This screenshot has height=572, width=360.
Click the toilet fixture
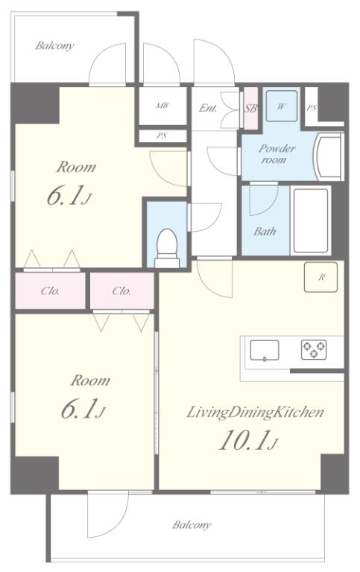point(167,248)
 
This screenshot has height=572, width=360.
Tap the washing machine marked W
point(281,106)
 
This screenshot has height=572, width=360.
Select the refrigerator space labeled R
point(320,277)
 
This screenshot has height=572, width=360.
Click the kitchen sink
point(265,351)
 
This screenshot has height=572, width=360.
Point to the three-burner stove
point(314,349)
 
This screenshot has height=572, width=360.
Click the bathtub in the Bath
point(311,220)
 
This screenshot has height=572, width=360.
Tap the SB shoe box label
point(250,108)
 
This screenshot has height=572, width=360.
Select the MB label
point(162,106)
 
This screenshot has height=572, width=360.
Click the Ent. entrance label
point(208,108)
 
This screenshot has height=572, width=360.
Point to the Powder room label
point(277,154)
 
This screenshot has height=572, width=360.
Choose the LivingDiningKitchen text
point(255,413)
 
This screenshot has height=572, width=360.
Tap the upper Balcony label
point(54,46)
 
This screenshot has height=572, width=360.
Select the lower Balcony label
point(192,525)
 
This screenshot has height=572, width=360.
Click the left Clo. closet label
point(51,291)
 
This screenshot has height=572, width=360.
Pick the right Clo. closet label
point(121,291)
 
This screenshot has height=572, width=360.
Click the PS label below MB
point(162,136)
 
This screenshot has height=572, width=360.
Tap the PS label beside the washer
point(311,108)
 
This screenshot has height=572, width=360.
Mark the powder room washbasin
point(329,156)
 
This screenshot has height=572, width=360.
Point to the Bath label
point(265,232)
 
